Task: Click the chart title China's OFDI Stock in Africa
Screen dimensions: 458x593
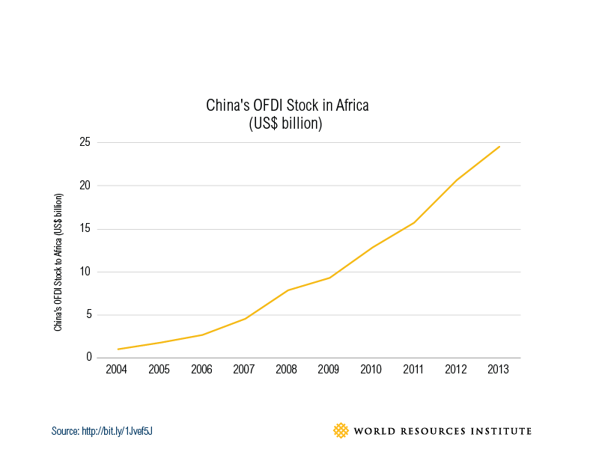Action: pos(288,106)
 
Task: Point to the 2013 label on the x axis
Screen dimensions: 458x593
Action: pos(499,370)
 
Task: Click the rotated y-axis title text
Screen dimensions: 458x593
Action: pos(58,262)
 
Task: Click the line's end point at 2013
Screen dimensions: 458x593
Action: pos(499,147)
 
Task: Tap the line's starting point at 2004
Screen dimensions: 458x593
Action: pos(118,349)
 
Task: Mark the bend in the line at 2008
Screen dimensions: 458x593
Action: pos(288,290)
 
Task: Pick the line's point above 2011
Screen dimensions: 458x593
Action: pos(415,222)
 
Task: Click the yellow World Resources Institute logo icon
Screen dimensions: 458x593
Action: pos(341,430)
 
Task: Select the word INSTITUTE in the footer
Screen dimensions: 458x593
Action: pos(502,431)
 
